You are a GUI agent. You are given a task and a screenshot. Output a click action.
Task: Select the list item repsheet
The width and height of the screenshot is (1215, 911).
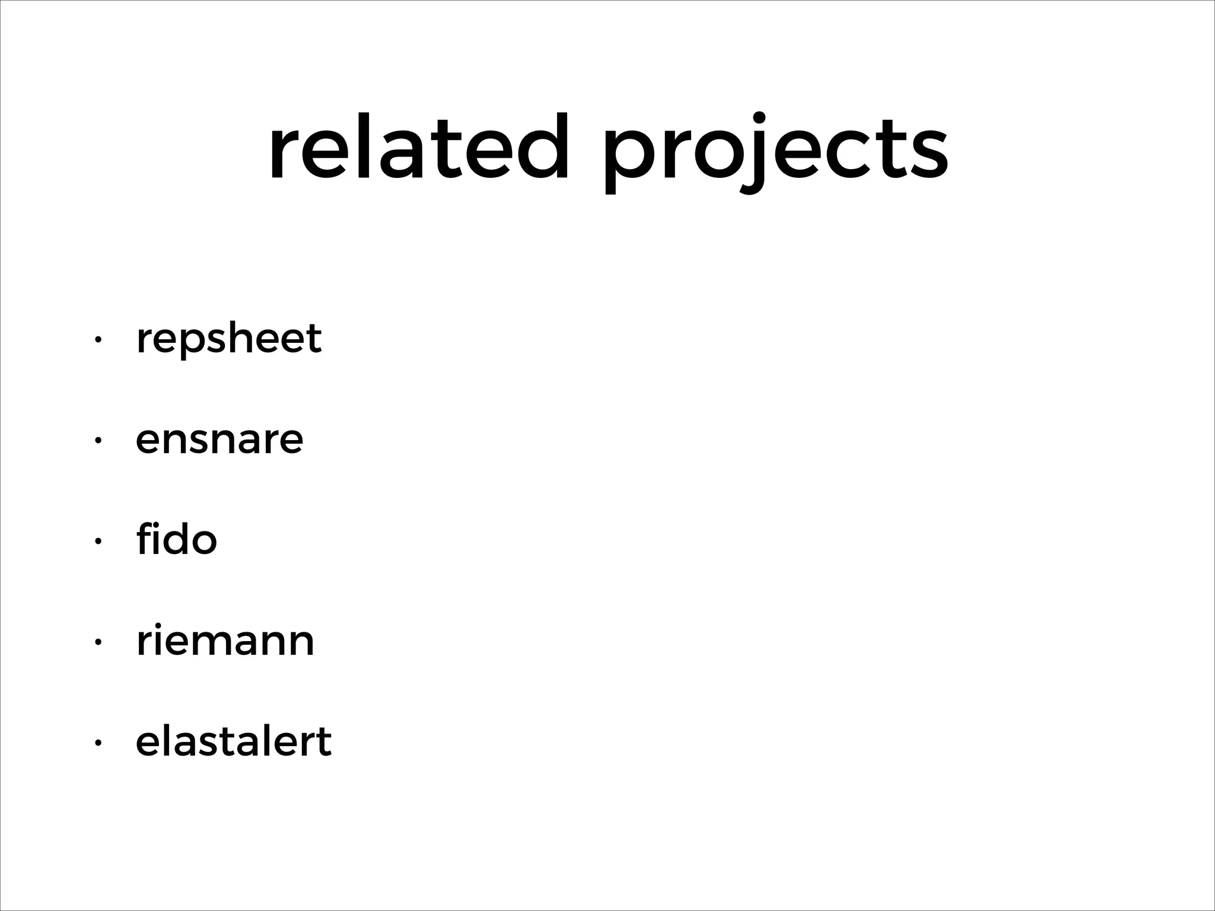click(228, 339)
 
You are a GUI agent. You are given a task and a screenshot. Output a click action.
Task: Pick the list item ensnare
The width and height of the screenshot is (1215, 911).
click(220, 440)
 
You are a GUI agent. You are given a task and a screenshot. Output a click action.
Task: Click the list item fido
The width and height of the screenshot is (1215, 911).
click(176, 539)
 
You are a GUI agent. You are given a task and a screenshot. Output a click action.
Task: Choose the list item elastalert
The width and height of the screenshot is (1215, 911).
click(233, 741)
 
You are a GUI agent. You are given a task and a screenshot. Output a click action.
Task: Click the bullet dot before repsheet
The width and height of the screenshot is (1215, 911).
click(98, 340)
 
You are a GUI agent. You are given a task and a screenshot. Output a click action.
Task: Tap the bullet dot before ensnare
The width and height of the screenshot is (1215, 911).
click(98, 441)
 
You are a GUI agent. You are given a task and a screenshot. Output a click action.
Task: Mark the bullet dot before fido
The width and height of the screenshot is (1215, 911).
click(98, 541)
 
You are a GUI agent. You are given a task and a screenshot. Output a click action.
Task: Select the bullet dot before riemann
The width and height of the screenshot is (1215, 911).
click(98, 642)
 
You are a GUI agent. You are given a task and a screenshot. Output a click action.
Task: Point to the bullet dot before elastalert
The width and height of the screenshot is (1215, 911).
click(98, 743)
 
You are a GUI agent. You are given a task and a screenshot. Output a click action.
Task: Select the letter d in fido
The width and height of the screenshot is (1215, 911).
click(178, 539)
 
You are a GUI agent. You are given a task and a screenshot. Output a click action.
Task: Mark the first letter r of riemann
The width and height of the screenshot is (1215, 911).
click(144, 644)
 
